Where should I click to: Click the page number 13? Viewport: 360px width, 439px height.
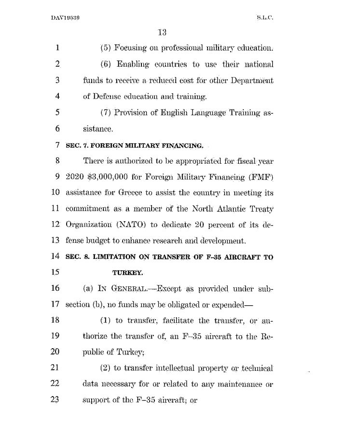162,33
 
